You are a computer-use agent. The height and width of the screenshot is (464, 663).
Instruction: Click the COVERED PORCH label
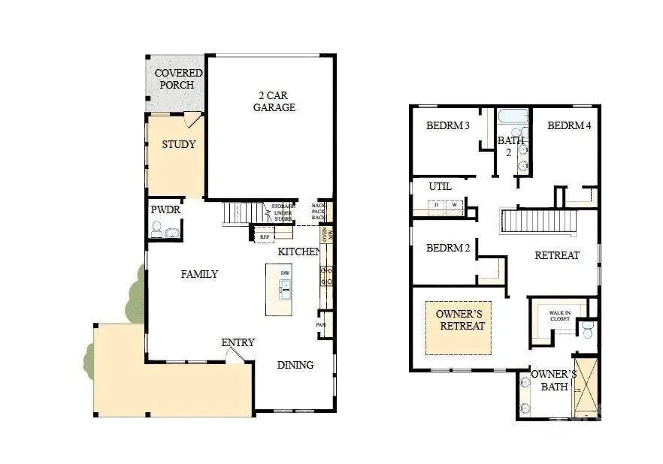click(x=179, y=79)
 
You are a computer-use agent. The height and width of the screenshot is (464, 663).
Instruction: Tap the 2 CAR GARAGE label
click(x=274, y=101)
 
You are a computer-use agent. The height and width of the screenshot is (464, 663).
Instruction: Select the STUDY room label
click(x=179, y=144)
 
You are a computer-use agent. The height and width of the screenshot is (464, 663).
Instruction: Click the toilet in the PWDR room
click(x=156, y=230)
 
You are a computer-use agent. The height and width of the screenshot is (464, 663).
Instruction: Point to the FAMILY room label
click(x=199, y=274)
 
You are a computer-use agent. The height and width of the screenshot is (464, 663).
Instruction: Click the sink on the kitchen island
click(x=286, y=286)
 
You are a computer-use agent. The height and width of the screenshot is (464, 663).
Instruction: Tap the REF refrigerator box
click(x=264, y=237)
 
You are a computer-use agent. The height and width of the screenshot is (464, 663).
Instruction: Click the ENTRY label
click(x=238, y=342)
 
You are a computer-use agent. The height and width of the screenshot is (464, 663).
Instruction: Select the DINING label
click(x=295, y=365)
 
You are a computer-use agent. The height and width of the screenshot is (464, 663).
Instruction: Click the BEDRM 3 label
click(x=448, y=125)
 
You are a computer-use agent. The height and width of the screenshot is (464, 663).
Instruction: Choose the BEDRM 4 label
click(x=569, y=125)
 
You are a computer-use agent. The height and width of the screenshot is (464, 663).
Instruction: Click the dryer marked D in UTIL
click(x=437, y=204)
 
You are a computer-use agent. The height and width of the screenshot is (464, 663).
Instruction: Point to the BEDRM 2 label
click(x=448, y=249)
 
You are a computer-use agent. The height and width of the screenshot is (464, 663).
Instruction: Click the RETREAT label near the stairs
click(x=557, y=255)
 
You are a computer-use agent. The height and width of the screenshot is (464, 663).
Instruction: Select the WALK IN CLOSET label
click(x=559, y=315)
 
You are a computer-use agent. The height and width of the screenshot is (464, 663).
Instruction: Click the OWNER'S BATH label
click(x=554, y=381)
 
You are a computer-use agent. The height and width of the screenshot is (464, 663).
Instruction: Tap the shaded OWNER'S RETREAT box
click(x=462, y=327)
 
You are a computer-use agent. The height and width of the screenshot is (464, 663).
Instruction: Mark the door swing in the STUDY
click(x=192, y=120)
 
